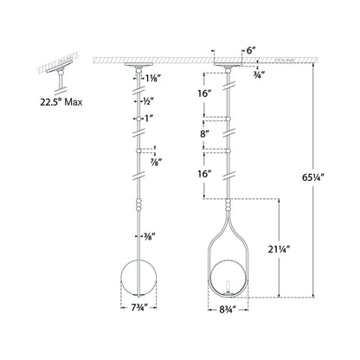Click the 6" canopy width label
(249, 52)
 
